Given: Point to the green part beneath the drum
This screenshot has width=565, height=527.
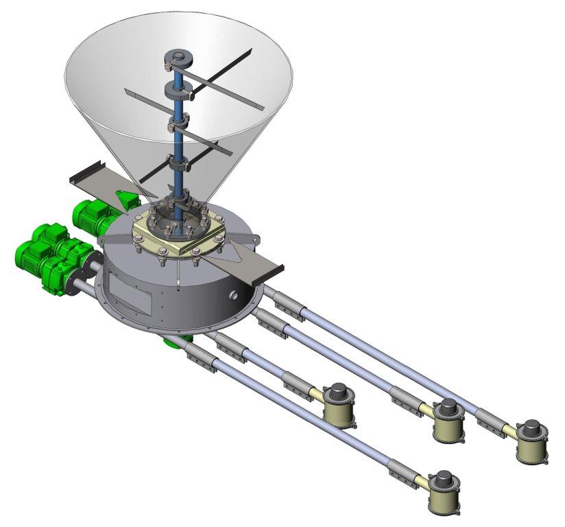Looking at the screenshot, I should click(x=169, y=341).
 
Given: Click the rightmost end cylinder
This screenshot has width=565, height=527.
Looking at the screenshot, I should click(x=531, y=443).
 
